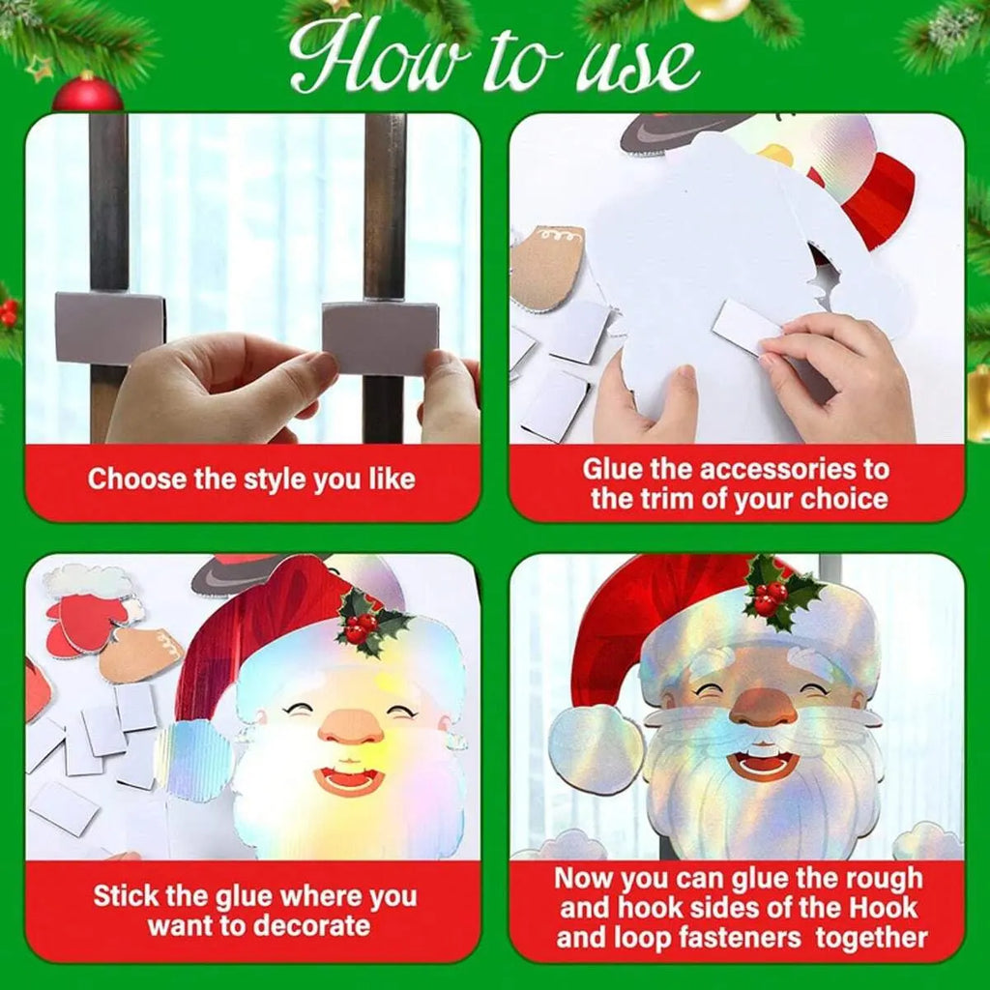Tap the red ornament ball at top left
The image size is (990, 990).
tap(87, 93)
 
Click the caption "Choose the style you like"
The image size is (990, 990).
tap(251, 479)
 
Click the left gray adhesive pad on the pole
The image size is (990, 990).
tap(108, 327)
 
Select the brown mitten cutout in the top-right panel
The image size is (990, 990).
tap(547, 267)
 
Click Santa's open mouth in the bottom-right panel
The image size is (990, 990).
tap(764, 761)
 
